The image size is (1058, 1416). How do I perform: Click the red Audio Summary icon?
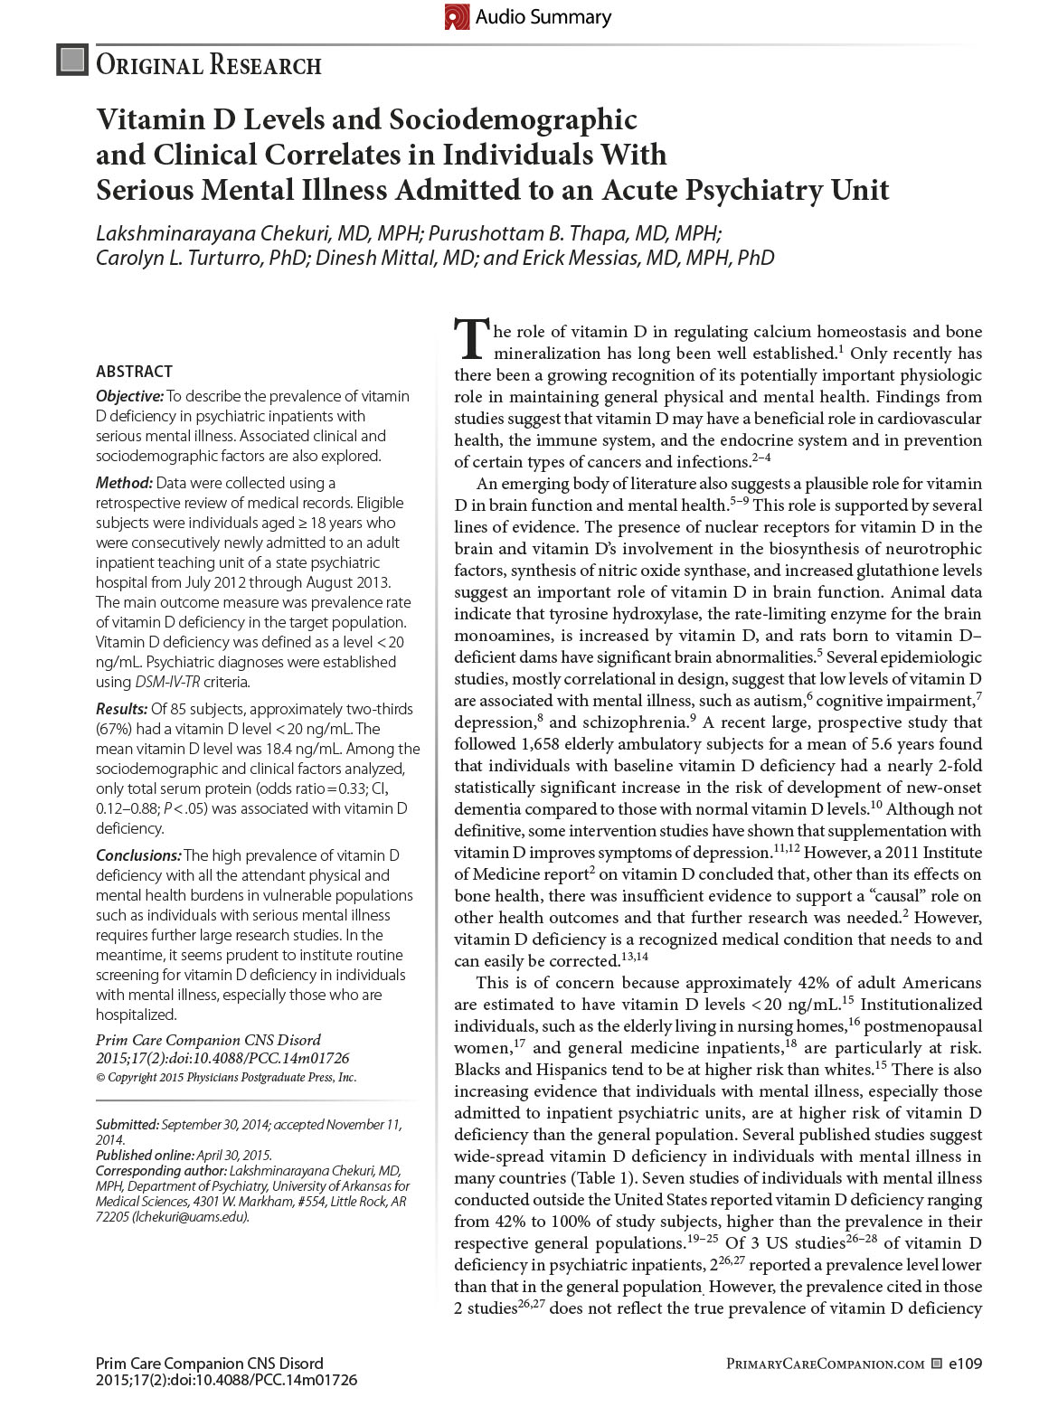457,17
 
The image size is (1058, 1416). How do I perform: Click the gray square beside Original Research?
72,61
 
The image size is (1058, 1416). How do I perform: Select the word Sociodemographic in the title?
513,119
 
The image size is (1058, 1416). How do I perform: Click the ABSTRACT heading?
134,372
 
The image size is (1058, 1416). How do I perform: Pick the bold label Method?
125,483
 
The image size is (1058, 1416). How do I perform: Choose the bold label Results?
122,709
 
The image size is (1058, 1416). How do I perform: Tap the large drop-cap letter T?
471,338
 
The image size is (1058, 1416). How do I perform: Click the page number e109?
965,1364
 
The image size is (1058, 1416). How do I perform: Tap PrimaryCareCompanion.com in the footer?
825,1364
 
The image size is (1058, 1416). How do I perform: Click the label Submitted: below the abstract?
128,1125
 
